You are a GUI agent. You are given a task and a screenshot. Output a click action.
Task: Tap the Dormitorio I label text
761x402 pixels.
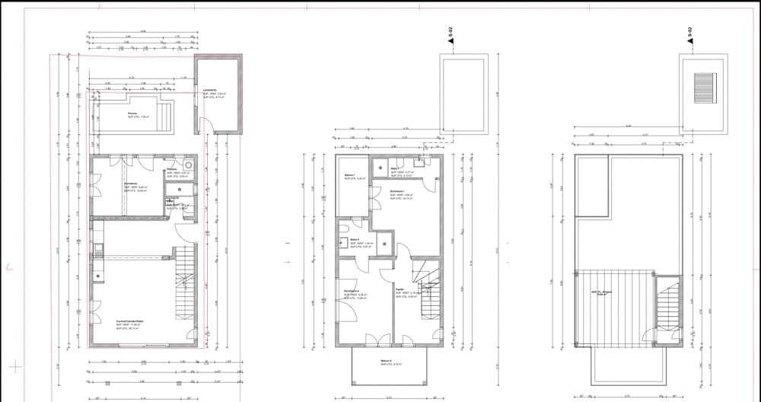pyautogui.click(x=398, y=192)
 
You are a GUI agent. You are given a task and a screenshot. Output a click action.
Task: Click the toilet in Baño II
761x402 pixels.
pyautogui.click(x=344, y=245)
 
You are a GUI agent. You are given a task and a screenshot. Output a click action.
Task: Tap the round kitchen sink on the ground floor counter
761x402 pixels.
pyautogui.click(x=97, y=276)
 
